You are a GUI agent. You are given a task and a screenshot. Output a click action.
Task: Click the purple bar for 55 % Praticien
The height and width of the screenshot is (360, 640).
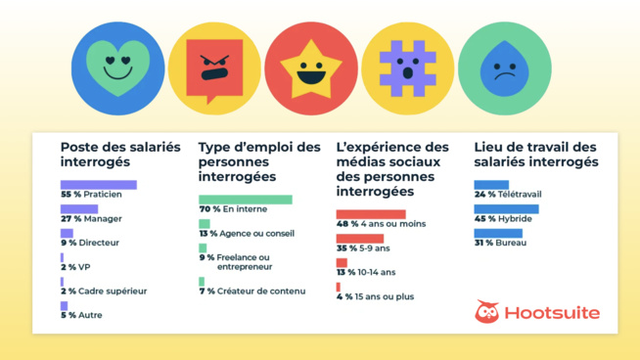coord(98,185)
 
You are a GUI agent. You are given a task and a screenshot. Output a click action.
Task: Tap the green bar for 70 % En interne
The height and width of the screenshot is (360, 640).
coord(245,200)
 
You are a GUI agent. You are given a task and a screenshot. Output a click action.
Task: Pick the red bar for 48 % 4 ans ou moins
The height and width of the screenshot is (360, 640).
coord(370,214)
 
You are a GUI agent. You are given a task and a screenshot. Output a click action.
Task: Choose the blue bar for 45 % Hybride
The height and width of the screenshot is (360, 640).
coord(506,209)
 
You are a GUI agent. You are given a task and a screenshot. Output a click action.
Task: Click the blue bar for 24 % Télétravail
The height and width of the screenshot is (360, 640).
coord(491,185)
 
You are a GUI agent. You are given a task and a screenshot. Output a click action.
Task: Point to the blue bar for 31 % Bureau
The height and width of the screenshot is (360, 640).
coord(497,233)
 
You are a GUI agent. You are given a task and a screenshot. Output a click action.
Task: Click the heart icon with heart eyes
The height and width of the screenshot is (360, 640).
coord(117,68)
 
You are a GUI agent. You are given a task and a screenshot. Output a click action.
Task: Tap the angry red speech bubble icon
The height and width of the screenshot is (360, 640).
coord(214,68)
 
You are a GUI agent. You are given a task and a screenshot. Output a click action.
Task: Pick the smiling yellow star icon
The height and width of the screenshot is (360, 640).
coord(311,68)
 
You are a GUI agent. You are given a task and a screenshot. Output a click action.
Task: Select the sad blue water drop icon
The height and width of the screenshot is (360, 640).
coord(504,68)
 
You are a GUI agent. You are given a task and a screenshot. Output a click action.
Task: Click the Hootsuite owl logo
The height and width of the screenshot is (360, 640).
coord(486,312)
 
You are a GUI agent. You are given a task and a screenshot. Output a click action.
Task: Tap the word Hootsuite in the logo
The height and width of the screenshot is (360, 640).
coord(552,313)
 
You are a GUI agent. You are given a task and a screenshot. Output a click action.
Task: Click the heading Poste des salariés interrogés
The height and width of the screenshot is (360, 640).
coord(120,154)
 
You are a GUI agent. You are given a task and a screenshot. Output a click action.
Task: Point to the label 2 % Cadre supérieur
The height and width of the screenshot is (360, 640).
coord(104,291)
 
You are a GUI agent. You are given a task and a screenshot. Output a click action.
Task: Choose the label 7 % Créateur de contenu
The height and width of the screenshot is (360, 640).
coord(252,291)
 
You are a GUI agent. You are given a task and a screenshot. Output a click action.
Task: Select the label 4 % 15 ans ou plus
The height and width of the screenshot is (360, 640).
coord(377,296)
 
